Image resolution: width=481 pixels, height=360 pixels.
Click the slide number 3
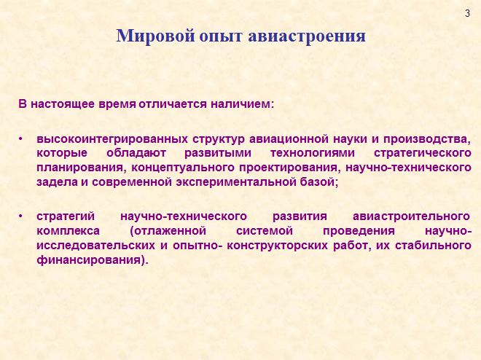(x=467, y=14)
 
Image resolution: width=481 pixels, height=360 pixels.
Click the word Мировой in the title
(x=155, y=36)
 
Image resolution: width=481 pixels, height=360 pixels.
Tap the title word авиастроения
(x=307, y=36)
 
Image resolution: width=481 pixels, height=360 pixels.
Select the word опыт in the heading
(x=221, y=36)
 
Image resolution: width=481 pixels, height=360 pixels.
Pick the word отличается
(x=173, y=104)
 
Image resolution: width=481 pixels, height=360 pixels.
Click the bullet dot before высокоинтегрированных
(x=20, y=139)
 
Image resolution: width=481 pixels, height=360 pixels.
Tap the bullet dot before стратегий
(x=20, y=216)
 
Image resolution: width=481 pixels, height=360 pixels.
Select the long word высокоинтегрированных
(x=112, y=139)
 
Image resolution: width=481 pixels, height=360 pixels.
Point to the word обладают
(x=136, y=153)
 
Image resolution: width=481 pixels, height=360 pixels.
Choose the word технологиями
(x=312, y=153)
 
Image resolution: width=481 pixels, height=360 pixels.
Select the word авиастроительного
(x=411, y=216)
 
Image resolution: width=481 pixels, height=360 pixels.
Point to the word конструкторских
(x=278, y=246)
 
